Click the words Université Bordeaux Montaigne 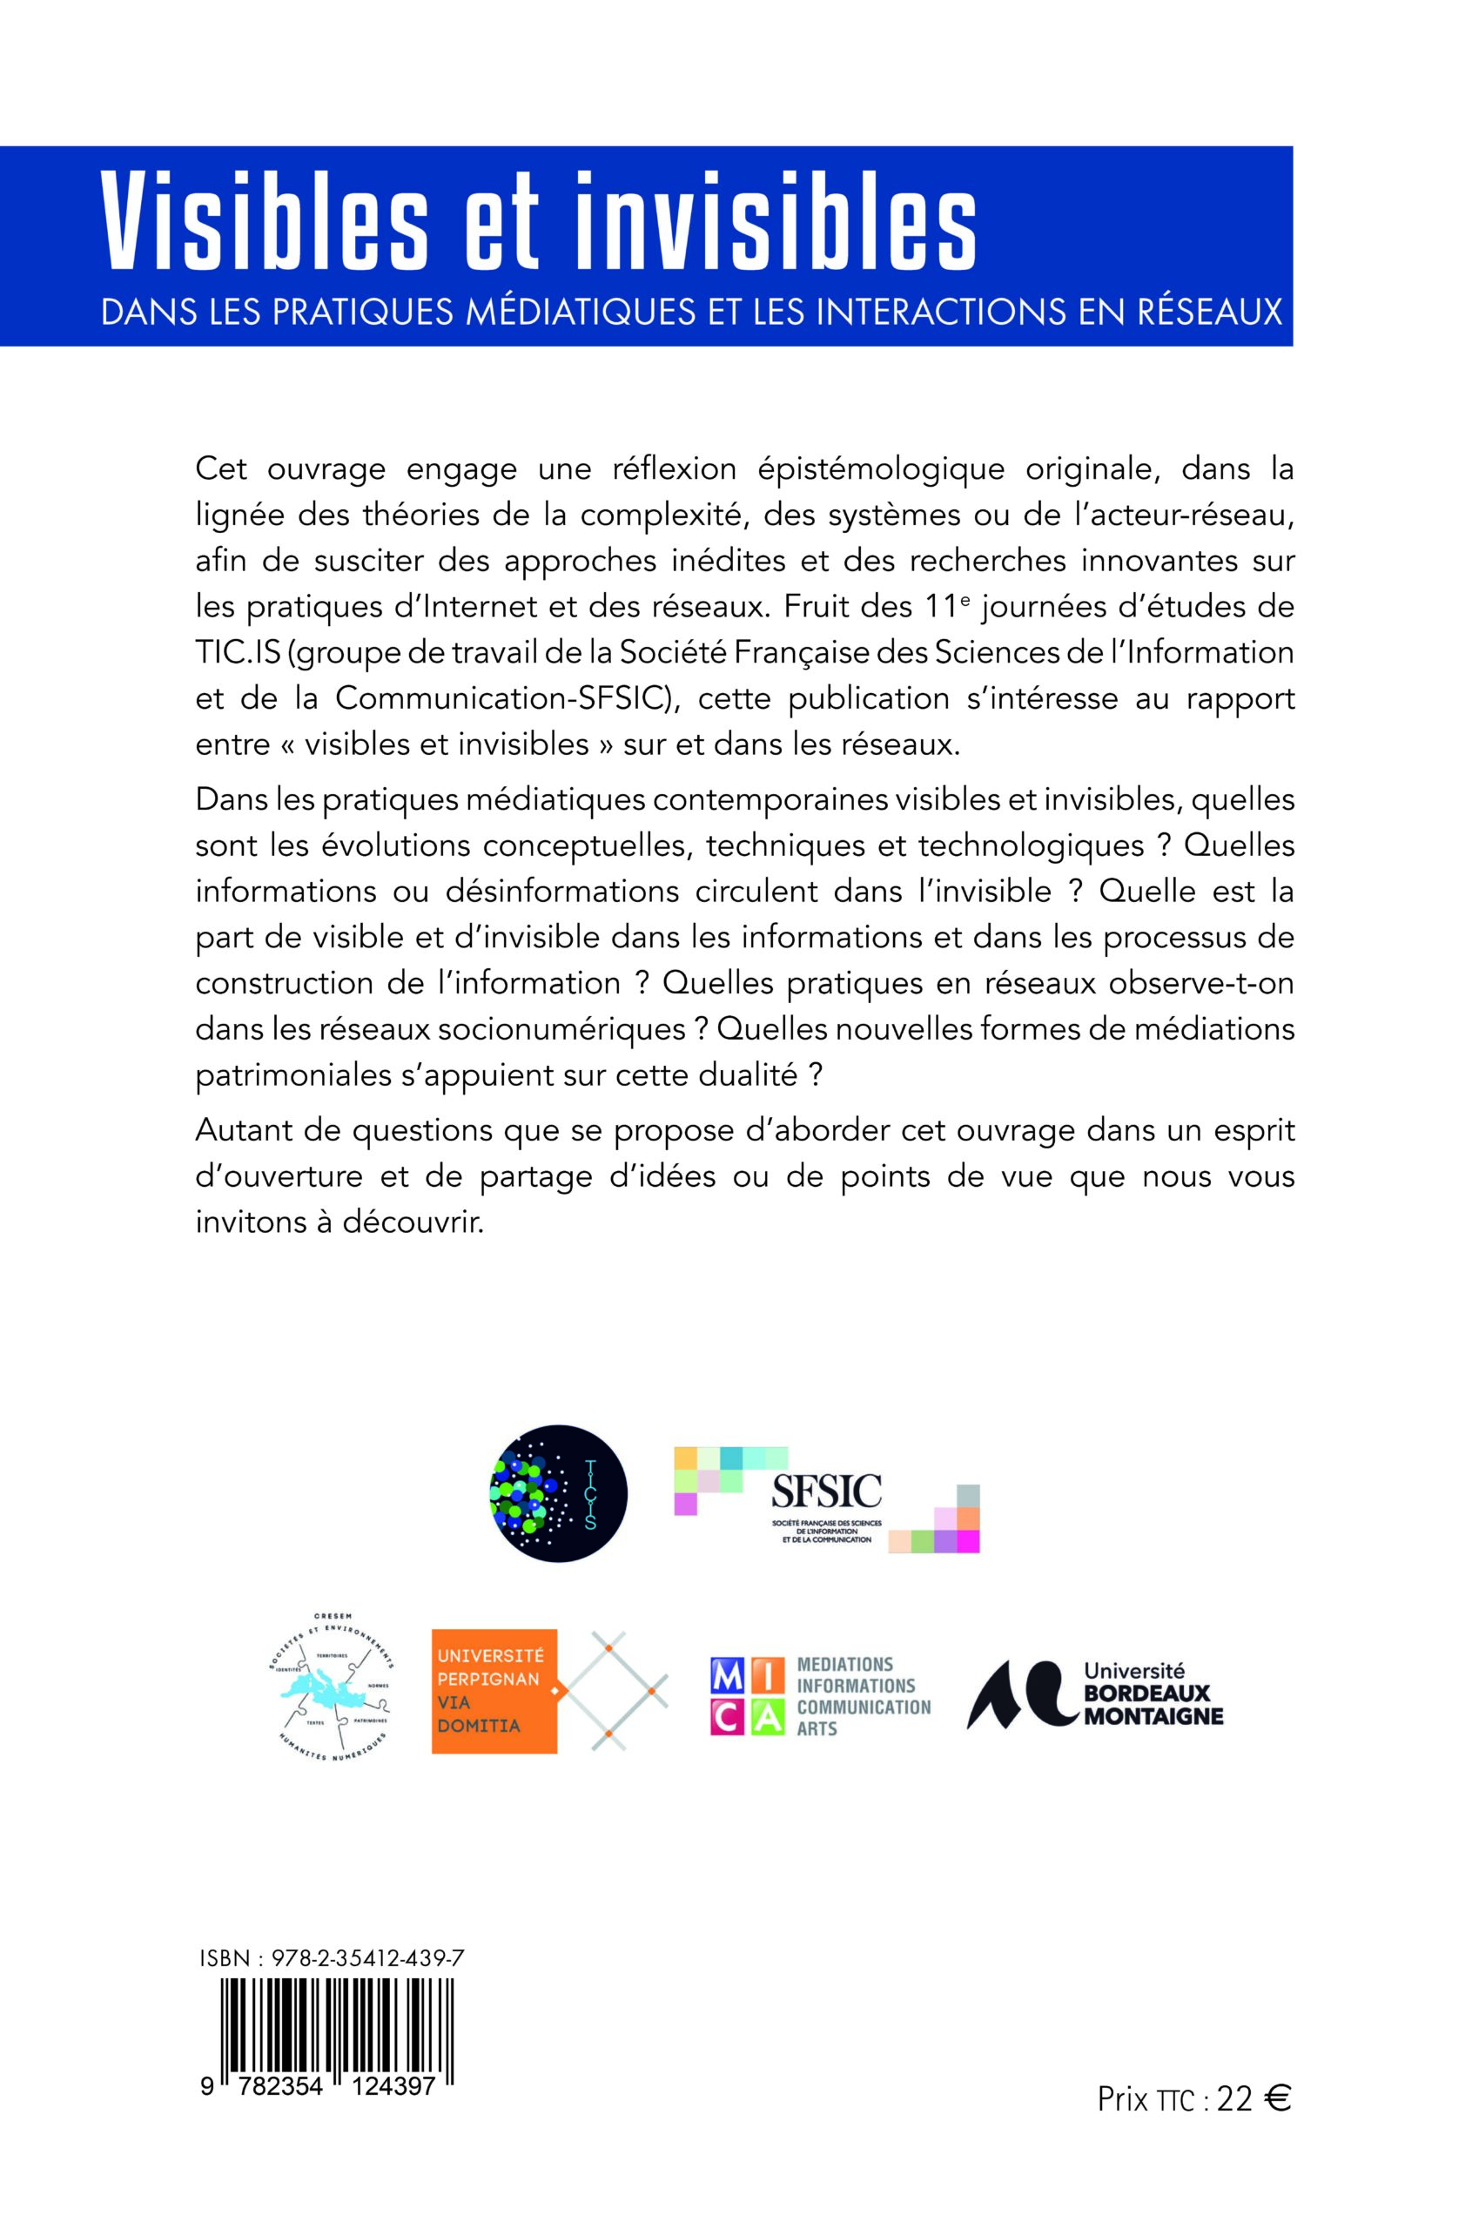point(1153,1694)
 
